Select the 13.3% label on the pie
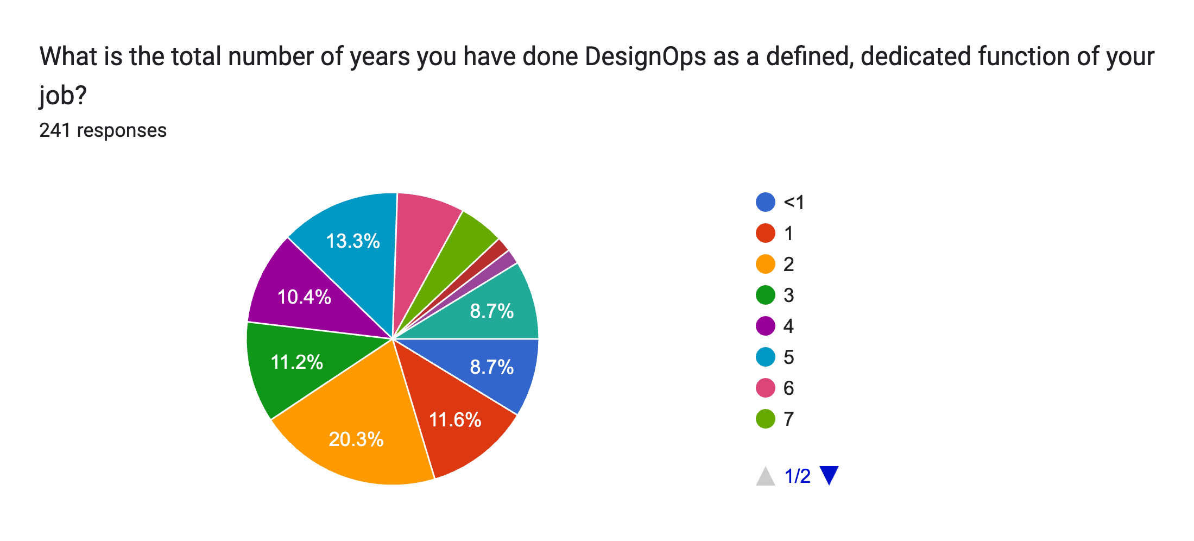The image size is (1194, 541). click(352, 241)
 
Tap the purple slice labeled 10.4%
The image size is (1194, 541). click(304, 297)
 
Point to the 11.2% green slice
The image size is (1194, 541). click(296, 362)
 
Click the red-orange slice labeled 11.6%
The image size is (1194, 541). click(455, 419)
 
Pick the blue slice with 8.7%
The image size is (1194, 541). click(491, 367)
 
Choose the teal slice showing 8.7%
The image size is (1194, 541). click(491, 311)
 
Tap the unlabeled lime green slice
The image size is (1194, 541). click(462, 250)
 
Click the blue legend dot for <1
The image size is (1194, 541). click(765, 202)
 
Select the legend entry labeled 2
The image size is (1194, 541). click(788, 265)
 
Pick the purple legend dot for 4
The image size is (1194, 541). click(765, 326)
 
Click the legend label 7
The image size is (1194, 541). click(788, 419)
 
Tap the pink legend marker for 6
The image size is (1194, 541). click(765, 388)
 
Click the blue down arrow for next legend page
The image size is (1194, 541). click(829, 475)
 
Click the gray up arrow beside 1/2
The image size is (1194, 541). click(765, 476)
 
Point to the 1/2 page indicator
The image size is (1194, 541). click(797, 476)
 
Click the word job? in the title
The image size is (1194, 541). click(63, 96)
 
